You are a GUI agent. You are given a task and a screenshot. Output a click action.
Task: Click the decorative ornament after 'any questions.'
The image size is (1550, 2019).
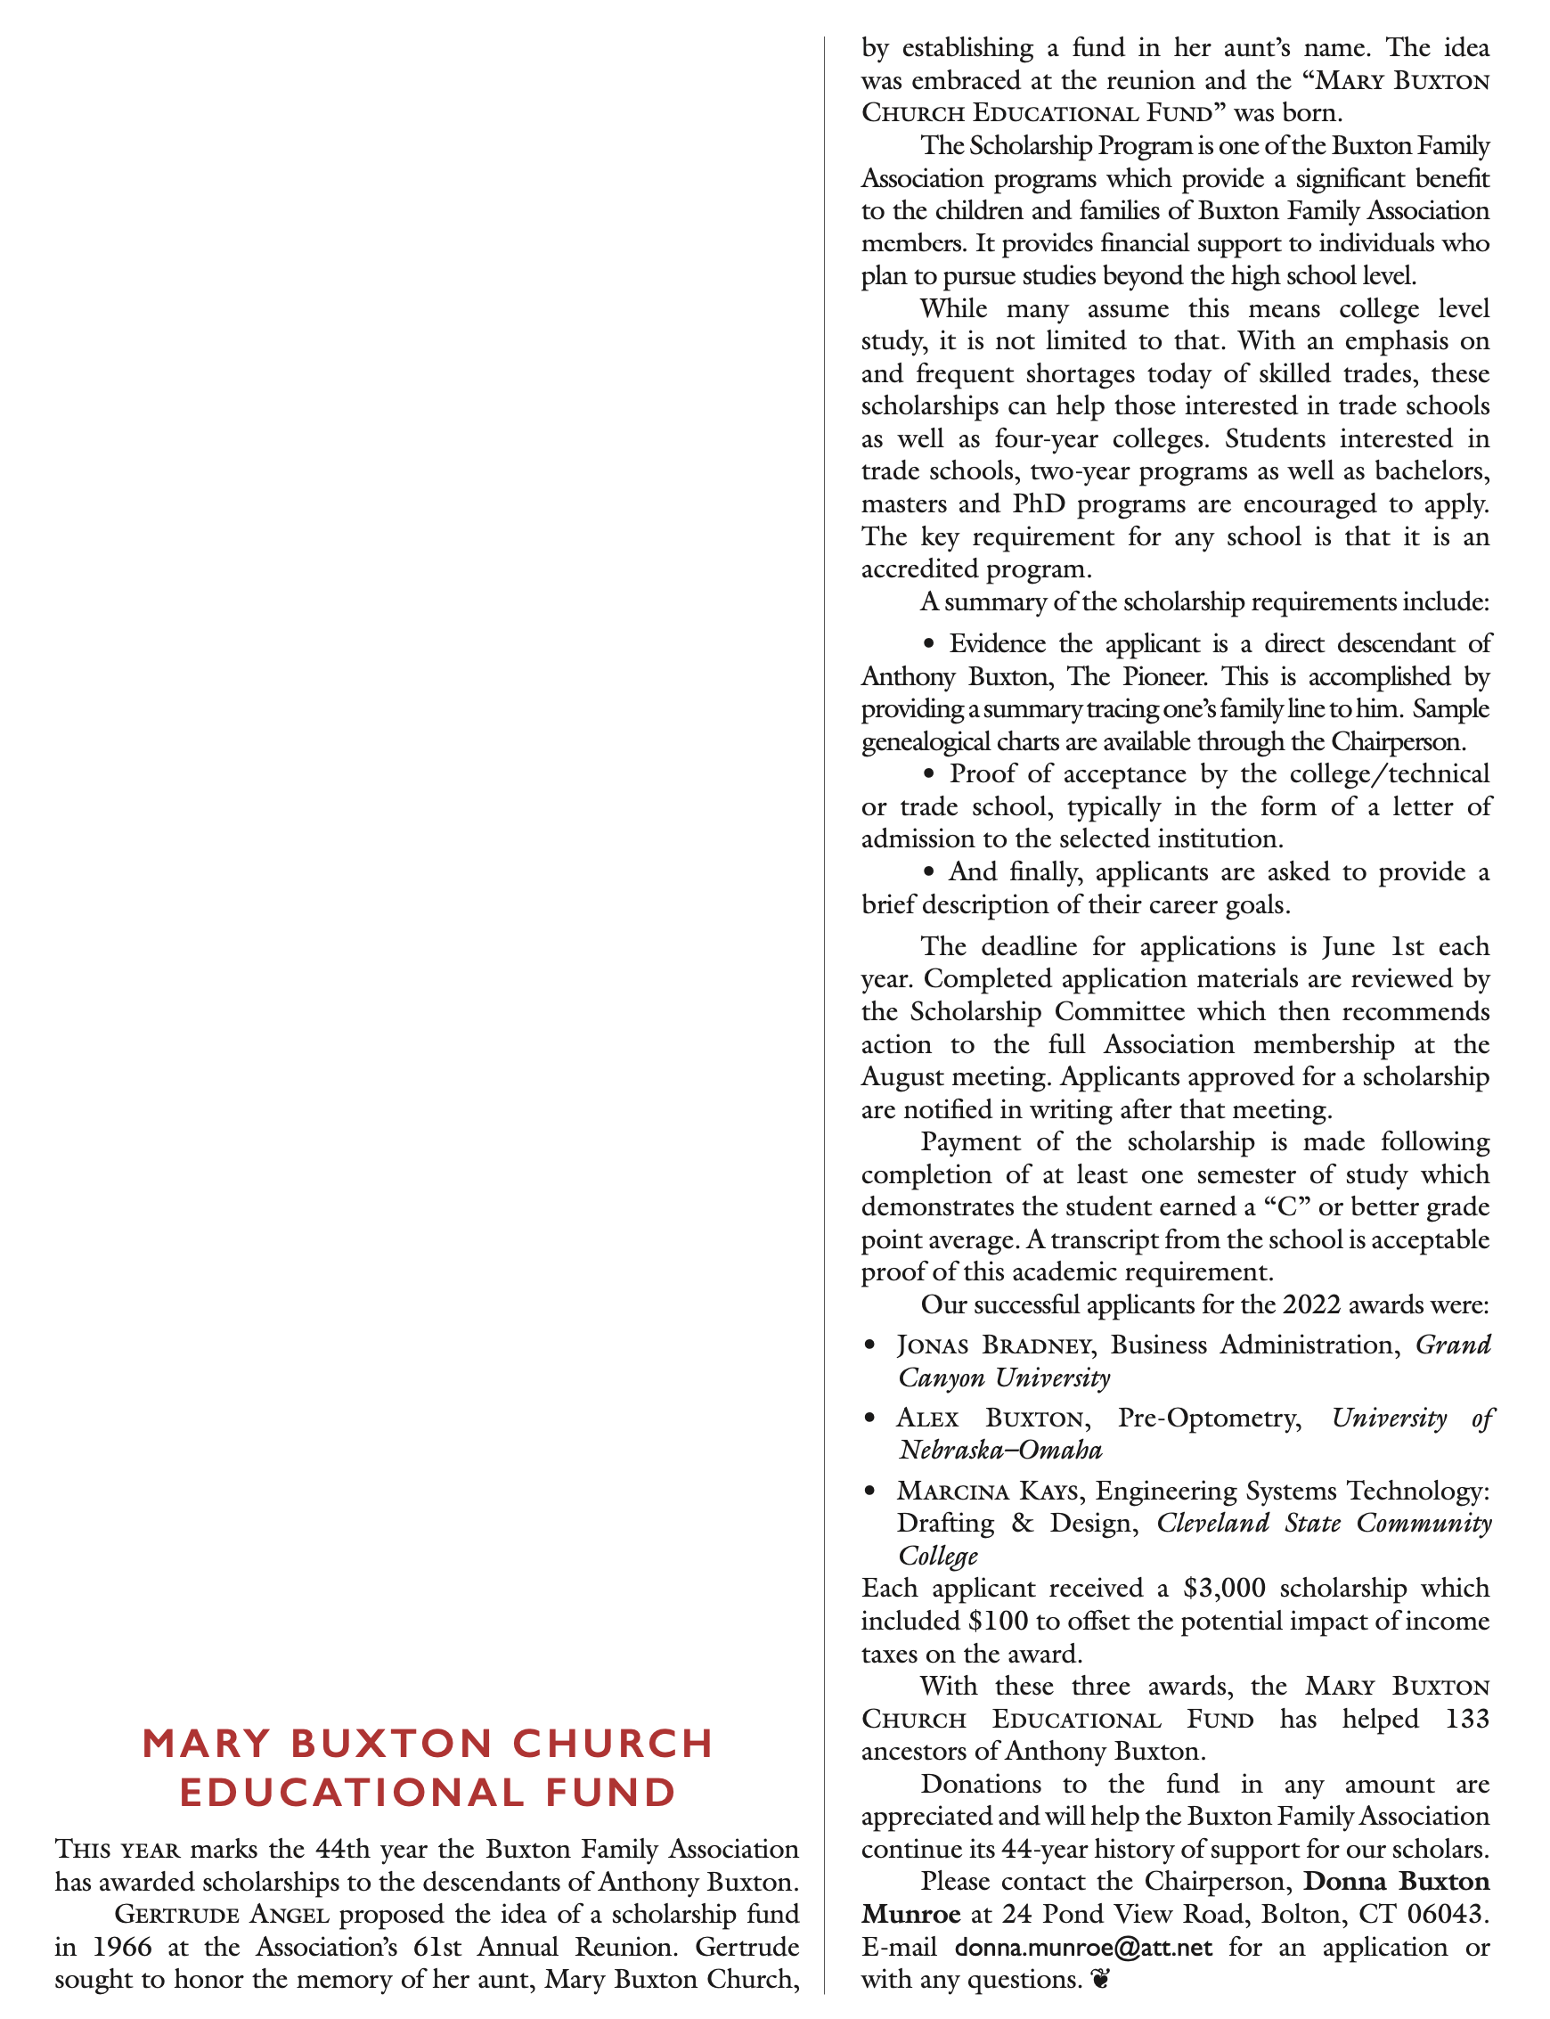pyautogui.click(x=1099, y=1981)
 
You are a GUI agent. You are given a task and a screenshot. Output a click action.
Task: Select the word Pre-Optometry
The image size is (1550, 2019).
pyautogui.click(x=1209, y=1418)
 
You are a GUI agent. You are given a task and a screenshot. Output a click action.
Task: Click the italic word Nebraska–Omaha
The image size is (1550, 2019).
pyautogui.click(x=1001, y=1450)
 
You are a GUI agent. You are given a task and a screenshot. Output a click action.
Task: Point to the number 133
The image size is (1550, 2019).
pyautogui.click(x=1467, y=1718)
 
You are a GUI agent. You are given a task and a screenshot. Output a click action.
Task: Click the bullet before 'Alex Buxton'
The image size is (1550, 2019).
pyautogui.click(x=869, y=1418)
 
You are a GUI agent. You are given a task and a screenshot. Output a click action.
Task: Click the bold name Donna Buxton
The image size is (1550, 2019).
pyautogui.click(x=1396, y=1882)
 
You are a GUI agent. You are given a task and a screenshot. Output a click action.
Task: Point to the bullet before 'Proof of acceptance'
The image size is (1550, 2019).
pyautogui.click(x=930, y=774)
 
